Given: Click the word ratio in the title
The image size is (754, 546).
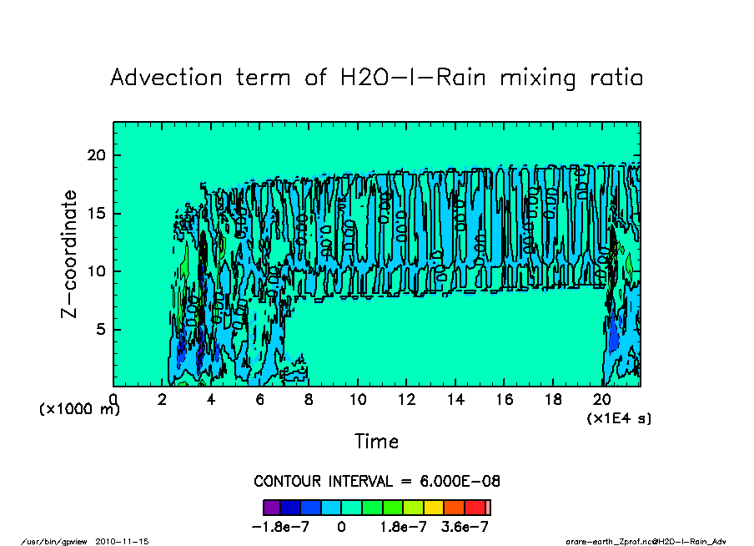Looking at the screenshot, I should tap(613, 78).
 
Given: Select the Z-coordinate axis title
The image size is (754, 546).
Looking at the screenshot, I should tap(70, 253).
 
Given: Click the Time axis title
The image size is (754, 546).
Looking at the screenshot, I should tap(376, 441).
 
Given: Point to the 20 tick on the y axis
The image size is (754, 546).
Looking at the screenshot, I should tap(98, 155).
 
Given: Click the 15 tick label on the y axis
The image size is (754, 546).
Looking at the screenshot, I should tap(98, 214).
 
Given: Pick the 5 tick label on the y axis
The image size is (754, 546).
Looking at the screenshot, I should tap(102, 330).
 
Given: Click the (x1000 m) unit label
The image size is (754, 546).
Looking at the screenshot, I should tap(79, 410).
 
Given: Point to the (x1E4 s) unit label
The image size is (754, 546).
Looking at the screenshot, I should tap(619, 417).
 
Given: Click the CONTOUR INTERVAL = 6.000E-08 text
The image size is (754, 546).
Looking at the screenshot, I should tap(376, 482).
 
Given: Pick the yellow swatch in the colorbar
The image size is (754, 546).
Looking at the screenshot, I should tap(434, 507).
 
